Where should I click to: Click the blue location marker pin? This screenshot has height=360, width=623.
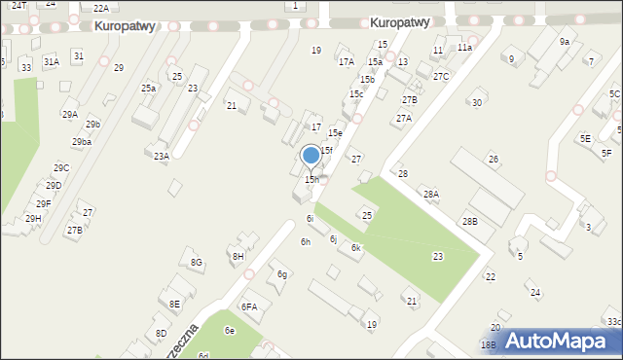click(x=311, y=156)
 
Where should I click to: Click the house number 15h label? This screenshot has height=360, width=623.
click(x=311, y=180)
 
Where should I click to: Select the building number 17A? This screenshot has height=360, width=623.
click(x=347, y=61)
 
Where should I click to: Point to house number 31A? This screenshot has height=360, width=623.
click(x=51, y=61)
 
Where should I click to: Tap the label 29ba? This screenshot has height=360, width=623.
click(x=82, y=142)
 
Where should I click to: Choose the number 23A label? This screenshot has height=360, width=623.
click(x=162, y=156)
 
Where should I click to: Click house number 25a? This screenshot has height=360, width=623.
click(x=148, y=89)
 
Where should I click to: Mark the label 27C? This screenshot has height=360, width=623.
click(x=441, y=76)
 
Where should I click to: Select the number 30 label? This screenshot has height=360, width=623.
click(x=476, y=103)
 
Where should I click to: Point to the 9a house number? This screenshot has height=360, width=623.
click(x=565, y=42)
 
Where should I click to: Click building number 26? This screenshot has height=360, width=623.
click(x=494, y=159)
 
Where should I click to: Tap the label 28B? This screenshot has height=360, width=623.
click(x=470, y=222)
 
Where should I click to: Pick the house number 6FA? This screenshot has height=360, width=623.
click(x=250, y=307)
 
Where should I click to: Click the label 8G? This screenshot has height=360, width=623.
click(x=197, y=263)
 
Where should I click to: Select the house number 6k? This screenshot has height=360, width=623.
click(x=356, y=248)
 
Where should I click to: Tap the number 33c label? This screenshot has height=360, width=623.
click(x=612, y=321)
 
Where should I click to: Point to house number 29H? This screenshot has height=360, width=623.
click(x=33, y=219)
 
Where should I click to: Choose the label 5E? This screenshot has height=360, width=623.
click(x=585, y=139)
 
